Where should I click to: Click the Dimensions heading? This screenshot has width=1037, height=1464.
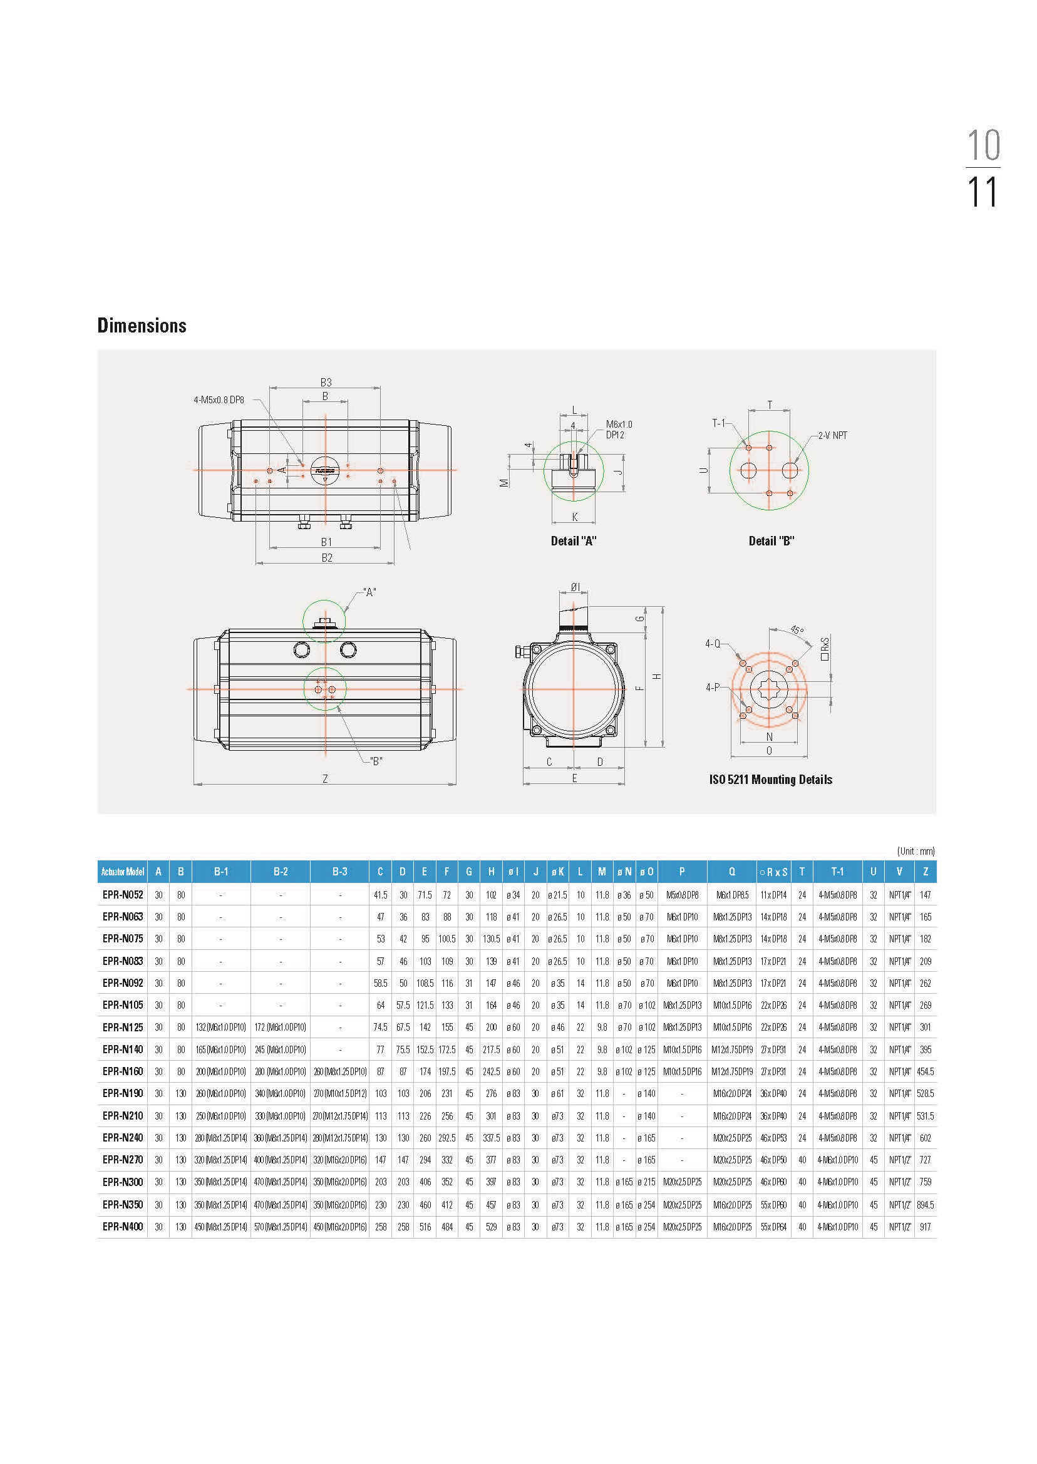[142, 326]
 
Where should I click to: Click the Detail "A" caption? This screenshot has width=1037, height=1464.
[574, 541]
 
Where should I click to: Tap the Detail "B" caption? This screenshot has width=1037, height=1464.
[771, 541]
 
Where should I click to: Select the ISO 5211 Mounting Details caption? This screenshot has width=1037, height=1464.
[770, 780]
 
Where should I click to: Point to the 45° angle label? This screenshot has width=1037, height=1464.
[797, 630]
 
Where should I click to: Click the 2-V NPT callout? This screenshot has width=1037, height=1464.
[833, 435]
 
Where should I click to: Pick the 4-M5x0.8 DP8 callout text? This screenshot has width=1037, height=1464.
[219, 400]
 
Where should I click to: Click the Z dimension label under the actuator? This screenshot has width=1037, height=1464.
[325, 778]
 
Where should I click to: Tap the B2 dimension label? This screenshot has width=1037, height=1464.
[326, 558]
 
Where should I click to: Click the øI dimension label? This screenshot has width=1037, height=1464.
[575, 587]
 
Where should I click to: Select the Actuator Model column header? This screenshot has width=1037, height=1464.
[123, 872]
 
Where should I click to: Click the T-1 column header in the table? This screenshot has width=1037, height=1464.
[837, 872]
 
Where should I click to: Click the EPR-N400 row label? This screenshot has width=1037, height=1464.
[123, 1227]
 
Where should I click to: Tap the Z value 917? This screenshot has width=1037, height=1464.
[926, 1227]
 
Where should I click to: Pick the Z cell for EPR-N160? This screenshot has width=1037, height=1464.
[926, 1071]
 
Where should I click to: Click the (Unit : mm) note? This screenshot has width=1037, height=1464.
[915, 851]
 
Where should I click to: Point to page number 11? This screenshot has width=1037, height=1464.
[982, 192]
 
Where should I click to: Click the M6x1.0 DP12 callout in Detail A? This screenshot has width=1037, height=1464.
[618, 430]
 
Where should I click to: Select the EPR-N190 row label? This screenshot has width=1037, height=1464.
[123, 1094]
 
